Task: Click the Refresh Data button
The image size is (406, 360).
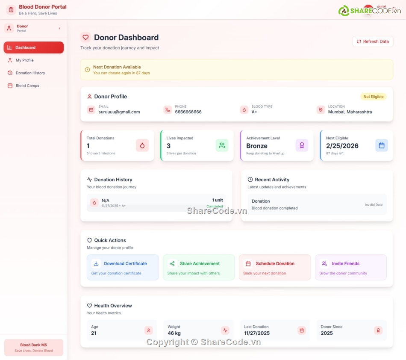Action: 373,41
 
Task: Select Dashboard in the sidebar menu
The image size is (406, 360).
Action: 33,47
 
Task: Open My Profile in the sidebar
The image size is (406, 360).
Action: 24,60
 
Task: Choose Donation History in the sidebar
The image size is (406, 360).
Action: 30,73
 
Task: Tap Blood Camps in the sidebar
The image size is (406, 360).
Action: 27,86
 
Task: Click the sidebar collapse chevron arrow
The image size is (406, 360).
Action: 59,28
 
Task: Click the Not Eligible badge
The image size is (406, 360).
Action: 373,97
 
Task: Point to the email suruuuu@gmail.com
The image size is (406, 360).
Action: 119,112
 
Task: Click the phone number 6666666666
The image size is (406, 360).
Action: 188,112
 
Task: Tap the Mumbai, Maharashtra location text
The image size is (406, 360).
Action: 350,112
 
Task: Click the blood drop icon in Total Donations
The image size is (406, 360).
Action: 142,145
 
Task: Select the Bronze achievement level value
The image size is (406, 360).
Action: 256,146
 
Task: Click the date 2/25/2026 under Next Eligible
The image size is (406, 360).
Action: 342,146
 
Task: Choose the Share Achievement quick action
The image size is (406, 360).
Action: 199,267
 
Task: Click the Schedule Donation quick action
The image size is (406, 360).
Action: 274,267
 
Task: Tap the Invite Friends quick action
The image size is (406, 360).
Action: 350,267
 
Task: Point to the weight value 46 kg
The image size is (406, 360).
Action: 174,333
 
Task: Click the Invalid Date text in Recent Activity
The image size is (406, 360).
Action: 374,205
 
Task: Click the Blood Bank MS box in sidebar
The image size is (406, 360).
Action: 33,347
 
